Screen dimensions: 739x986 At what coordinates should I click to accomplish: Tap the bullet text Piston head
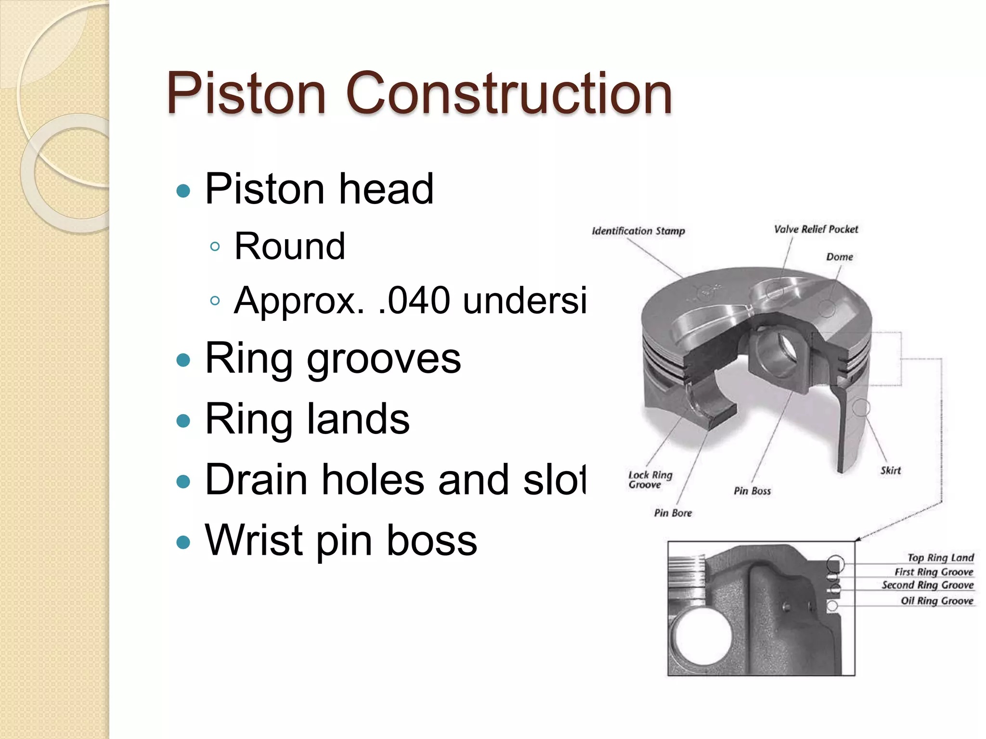319,189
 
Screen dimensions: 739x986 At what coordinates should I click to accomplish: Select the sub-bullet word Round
290,246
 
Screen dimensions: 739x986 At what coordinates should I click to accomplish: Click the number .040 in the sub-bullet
414,301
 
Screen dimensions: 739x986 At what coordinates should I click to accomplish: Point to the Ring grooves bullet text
333,358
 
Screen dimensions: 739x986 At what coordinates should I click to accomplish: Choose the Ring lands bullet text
307,419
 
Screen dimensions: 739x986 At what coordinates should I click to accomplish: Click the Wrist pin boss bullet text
341,540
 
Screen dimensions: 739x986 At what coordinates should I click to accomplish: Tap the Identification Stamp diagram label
638,231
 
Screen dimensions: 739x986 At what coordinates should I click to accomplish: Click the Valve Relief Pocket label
816,229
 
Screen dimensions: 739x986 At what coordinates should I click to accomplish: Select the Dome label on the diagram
839,257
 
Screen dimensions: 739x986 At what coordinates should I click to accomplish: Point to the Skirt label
890,471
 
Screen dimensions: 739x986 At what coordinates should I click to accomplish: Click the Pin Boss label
752,491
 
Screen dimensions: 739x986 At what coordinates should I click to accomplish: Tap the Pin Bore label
673,513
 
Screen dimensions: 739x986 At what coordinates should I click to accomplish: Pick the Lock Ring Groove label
649,480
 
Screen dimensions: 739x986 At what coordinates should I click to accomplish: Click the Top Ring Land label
940,558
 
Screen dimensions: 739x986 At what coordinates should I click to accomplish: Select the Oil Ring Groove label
937,600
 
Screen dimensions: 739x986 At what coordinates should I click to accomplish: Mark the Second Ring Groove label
927,585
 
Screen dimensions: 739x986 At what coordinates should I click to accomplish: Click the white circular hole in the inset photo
704,637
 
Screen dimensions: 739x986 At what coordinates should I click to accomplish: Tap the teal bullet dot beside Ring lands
183,421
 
